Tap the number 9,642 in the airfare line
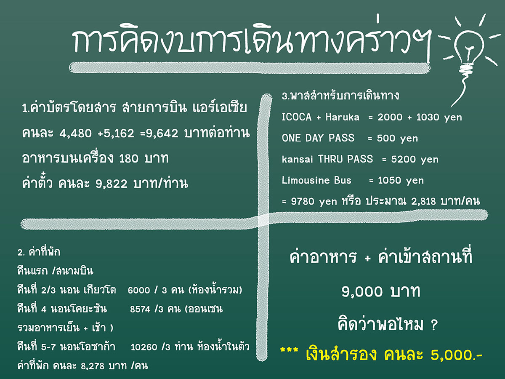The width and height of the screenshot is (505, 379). coord(162,133)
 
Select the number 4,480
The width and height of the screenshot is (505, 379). coord(75,133)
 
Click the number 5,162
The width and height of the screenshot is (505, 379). coord(119,133)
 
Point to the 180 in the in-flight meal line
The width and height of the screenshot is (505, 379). coord(129,158)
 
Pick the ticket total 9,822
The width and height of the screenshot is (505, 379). coord(112,184)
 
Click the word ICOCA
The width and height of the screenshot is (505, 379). coord(297,117)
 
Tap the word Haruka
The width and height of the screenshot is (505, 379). coord(342,117)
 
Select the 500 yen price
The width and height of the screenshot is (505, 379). coord(397,138)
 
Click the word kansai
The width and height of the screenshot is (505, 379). coord(297,159)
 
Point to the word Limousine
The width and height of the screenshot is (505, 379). coord(305,180)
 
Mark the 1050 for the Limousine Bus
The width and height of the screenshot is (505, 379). coord(389,180)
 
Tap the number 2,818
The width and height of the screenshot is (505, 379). coord(423,202)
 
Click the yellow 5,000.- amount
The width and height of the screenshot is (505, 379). coord(457,355)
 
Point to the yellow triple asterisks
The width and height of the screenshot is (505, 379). coord(289,350)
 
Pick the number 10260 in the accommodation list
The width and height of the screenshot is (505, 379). coord(144,347)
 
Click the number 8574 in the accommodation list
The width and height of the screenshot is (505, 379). coord(140,309)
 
